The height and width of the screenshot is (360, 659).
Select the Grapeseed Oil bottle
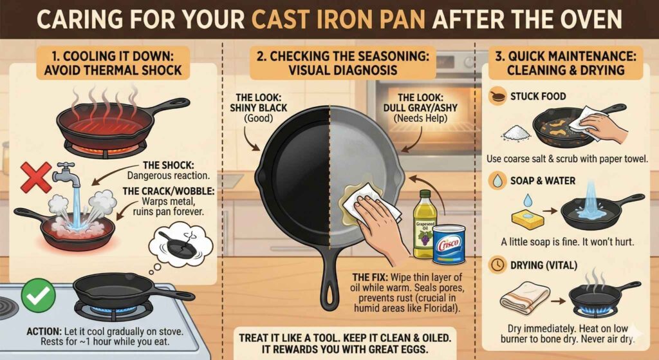coord(423,222)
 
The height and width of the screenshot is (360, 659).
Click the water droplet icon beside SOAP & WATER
coord(497,182)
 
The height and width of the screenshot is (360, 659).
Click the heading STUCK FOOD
coord(537,97)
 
